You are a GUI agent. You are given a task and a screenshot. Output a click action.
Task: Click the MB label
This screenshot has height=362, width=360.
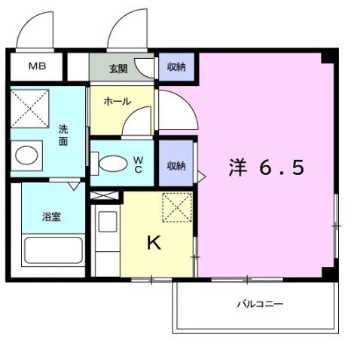[x=37, y=66]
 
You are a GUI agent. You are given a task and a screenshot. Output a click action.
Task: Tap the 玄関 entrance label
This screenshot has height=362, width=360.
[x=117, y=69]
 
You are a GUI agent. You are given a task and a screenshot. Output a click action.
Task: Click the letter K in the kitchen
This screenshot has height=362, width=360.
[x=153, y=243]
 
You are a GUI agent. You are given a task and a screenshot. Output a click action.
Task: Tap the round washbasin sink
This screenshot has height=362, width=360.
[x=27, y=155]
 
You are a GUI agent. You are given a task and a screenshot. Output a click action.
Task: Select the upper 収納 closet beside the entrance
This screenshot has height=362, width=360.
[x=177, y=67]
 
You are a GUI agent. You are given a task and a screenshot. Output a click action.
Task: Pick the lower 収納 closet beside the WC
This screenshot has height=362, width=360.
[x=177, y=165]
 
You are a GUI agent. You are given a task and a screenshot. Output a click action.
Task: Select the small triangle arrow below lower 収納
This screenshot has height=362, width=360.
[x=200, y=176]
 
